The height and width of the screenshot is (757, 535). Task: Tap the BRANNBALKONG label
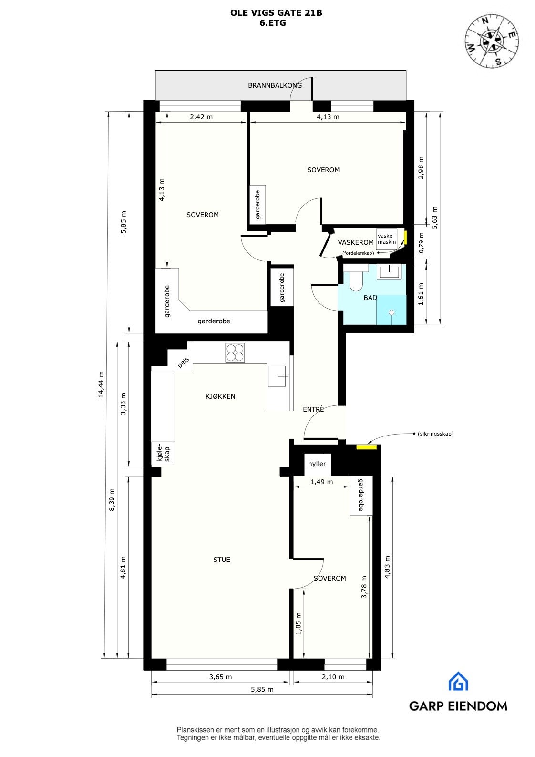click(x=275, y=86)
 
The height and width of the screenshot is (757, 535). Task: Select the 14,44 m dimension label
click(x=101, y=384)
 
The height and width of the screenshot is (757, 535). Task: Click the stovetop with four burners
click(x=235, y=353)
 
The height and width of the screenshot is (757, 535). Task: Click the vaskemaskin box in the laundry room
click(x=387, y=239)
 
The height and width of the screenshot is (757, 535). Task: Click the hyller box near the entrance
click(x=317, y=464)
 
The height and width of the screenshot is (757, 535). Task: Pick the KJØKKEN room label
click(x=220, y=396)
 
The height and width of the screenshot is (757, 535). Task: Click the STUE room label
click(x=222, y=560)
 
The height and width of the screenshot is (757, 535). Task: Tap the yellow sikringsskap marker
click(x=367, y=447)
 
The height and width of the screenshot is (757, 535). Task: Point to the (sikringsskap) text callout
click(x=435, y=434)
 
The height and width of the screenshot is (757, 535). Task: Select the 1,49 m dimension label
click(x=321, y=482)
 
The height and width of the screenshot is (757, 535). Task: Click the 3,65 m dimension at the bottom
click(x=221, y=677)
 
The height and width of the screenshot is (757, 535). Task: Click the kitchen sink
click(x=278, y=376)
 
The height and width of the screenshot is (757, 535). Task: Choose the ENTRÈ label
click(x=313, y=409)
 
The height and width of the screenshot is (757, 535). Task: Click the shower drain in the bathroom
click(x=391, y=312)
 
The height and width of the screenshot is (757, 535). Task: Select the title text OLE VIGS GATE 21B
click(x=276, y=13)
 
